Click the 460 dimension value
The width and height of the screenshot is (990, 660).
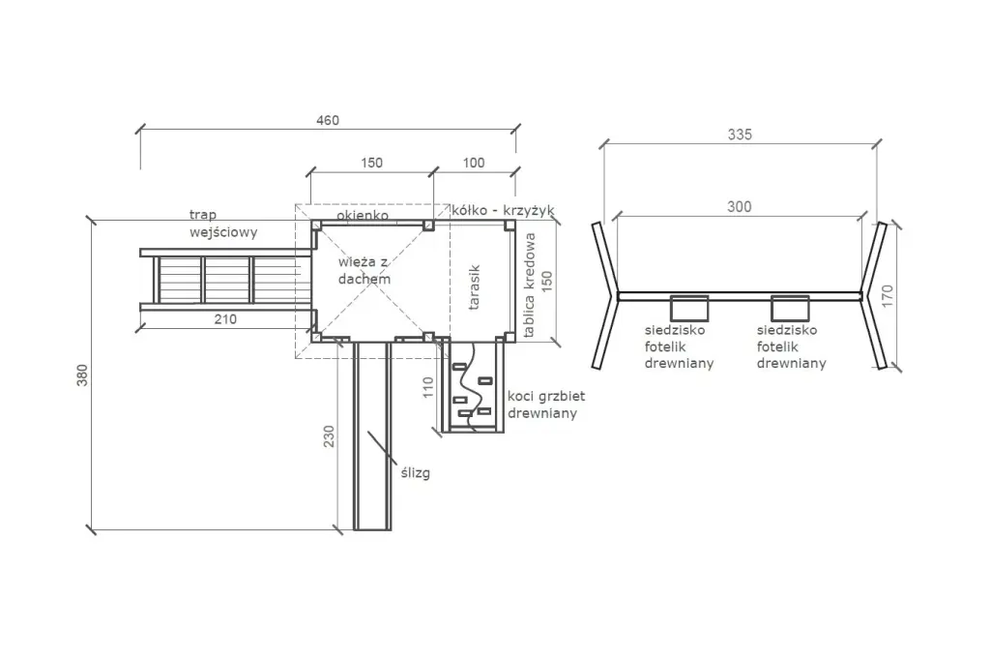328,120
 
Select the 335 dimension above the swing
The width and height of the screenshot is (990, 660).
740,135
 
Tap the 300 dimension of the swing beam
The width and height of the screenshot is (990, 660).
740,207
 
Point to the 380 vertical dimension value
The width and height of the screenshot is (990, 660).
83,375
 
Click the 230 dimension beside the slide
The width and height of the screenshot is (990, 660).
329,436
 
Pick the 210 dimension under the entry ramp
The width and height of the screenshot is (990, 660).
225,319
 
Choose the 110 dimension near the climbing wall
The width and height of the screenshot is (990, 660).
428,387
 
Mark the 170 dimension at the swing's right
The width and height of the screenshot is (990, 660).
888,296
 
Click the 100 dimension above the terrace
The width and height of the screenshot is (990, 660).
474,164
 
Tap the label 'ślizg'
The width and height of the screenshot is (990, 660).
416,472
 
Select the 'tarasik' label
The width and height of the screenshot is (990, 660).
474,287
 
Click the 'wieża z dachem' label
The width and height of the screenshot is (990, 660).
364,271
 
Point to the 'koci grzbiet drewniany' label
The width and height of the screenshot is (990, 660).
546,405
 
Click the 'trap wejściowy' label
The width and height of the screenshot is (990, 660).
223,224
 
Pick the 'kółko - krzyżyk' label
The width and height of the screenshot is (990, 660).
503,211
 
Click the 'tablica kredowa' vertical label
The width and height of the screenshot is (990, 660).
529,285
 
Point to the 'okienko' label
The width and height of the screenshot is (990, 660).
363,215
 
